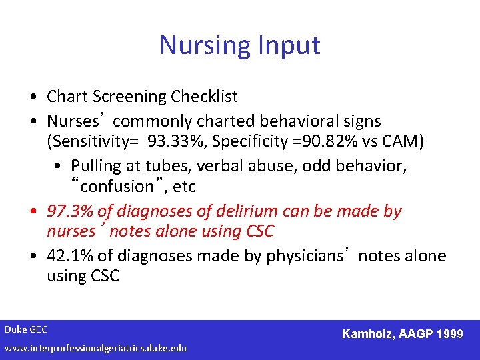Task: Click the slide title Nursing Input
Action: click(240, 45)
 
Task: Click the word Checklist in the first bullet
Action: click(204, 97)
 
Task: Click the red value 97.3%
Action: click(70, 211)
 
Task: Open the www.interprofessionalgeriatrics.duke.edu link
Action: click(95, 348)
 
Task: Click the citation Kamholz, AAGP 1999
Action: click(402, 333)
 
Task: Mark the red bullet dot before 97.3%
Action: click(33, 212)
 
